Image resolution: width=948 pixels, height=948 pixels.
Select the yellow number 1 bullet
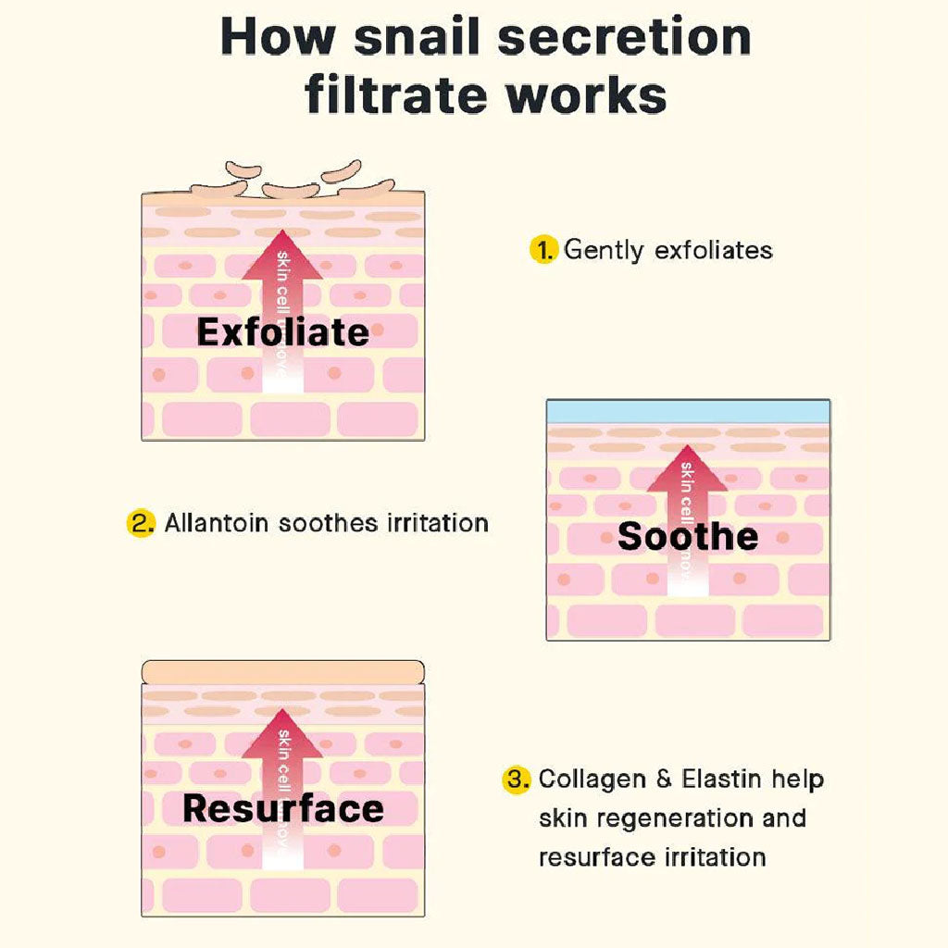pos(543,249)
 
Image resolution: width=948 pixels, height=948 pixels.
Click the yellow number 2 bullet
pos(140,523)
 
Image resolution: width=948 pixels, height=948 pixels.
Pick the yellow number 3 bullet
pos(517,780)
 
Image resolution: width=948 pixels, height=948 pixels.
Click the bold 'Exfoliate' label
pos(282,332)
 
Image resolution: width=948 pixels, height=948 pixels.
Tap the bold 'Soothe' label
pos(687,536)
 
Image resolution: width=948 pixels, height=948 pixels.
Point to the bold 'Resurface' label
pos(282,808)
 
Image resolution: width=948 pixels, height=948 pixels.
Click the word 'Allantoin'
pos(217,523)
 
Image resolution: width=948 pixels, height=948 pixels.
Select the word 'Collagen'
pos(592,780)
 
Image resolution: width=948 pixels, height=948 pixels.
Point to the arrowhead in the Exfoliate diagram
pos(282,256)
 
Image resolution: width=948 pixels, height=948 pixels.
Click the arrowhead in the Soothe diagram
pos(687,471)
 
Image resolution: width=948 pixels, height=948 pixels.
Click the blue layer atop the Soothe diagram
pos(687,412)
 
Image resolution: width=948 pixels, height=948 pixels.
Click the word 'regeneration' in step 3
pos(648,818)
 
